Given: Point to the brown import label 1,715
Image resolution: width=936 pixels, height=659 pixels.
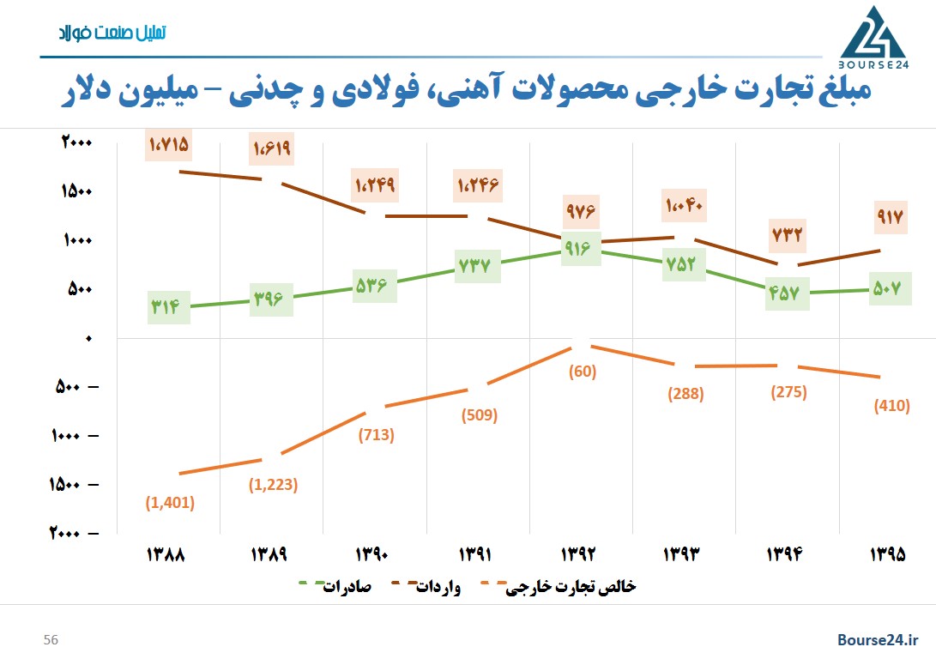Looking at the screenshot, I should [x=168, y=145].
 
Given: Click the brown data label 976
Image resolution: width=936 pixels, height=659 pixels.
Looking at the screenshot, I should [x=580, y=209].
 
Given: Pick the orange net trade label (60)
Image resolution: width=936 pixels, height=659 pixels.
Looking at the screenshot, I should [x=580, y=372].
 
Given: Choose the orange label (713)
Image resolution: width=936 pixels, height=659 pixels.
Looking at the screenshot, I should [x=376, y=434].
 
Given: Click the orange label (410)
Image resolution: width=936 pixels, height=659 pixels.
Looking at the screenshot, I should [x=891, y=406].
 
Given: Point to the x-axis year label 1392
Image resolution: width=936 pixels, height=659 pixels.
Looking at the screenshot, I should [x=581, y=554].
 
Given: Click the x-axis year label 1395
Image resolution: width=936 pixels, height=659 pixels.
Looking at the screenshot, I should [x=889, y=554].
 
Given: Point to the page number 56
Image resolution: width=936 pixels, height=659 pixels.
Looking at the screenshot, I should [x=51, y=640].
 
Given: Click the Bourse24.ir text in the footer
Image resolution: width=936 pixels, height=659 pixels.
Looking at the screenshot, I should [x=878, y=640].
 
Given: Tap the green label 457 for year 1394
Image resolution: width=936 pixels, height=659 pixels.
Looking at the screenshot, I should [x=786, y=293].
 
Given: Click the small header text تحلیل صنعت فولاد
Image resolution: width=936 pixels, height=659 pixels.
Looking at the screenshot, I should [x=111, y=33].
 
